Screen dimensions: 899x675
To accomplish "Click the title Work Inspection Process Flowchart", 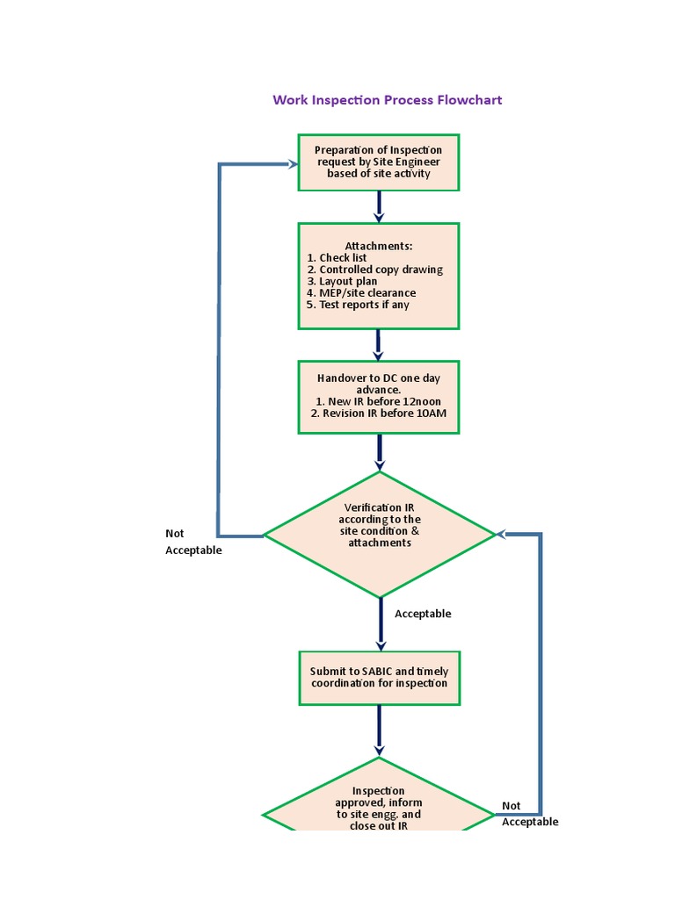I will (387, 100).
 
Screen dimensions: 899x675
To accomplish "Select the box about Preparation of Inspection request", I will (378, 162).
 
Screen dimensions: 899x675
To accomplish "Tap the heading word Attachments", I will (378, 246).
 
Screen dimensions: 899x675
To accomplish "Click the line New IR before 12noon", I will (378, 401).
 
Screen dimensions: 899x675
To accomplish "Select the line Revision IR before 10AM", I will (378, 414).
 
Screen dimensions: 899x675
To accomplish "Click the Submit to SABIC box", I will (379, 677).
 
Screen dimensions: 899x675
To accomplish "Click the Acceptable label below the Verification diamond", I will (423, 615).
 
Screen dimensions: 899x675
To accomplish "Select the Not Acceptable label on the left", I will (193, 542).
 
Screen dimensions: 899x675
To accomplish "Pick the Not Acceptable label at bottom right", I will (529, 814).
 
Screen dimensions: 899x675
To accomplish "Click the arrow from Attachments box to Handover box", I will (379, 345).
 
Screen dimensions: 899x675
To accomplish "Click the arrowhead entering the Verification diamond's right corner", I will (502, 534).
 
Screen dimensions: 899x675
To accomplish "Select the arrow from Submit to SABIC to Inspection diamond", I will (379, 730).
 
